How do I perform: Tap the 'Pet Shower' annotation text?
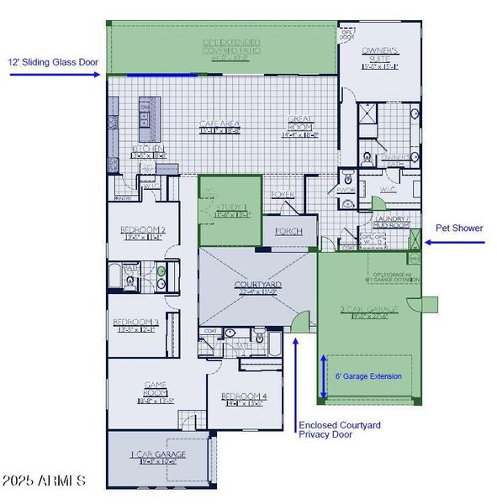pyautogui.click(x=458, y=228)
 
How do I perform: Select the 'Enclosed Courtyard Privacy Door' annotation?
pyautogui.click(x=340, y=430)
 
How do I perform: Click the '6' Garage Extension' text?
pyautogui.click(x=368, y=375)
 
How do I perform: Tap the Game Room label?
pyautogui.click(x=156, y=387)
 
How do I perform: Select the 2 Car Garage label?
pyautogui.click(x=363, y=312)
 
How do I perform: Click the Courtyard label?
pyautogui.click(x=257, y=288)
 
